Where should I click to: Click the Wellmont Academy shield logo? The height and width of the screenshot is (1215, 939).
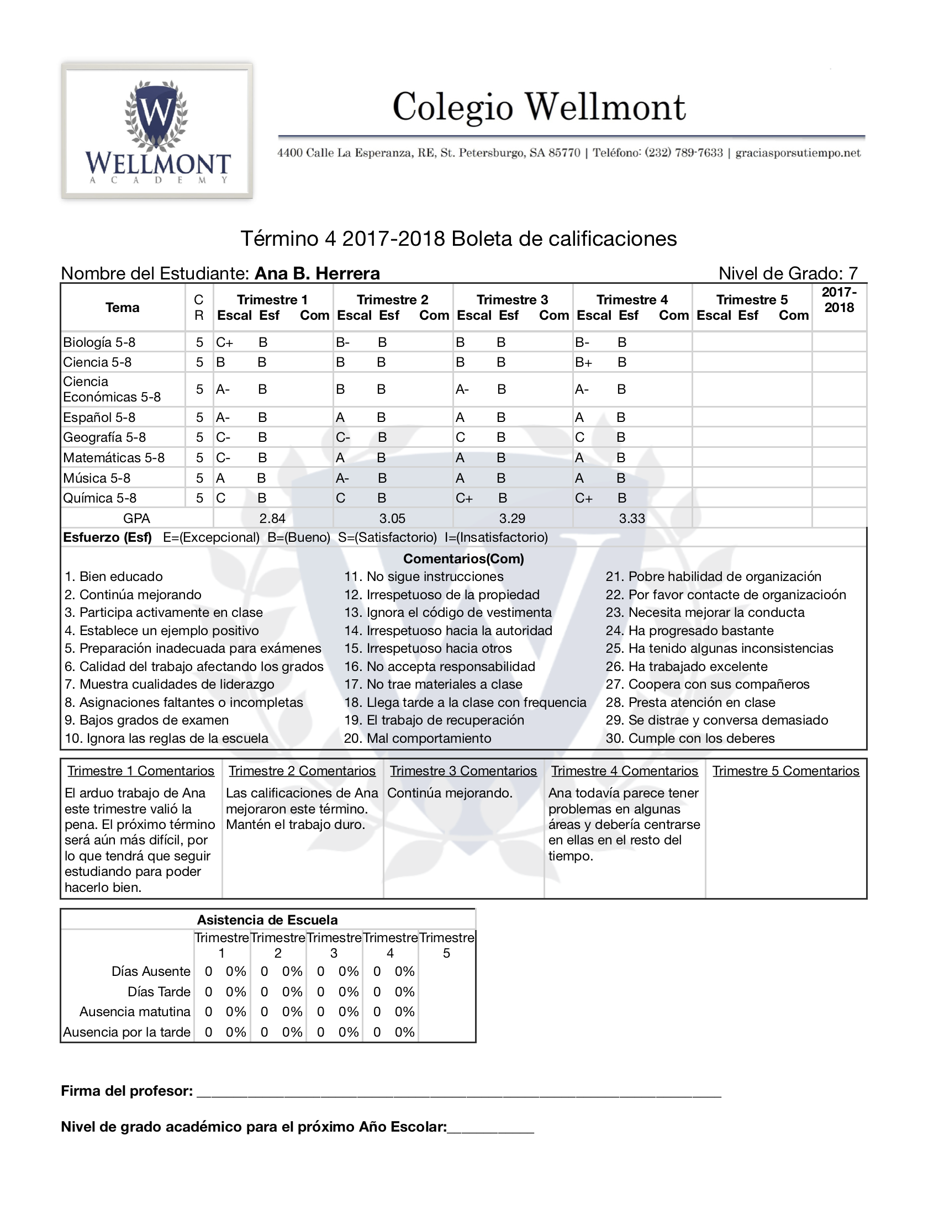157,131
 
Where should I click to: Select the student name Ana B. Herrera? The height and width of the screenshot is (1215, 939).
317,273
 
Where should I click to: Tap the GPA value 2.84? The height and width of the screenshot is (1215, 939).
272,519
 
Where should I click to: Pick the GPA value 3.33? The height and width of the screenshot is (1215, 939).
632,519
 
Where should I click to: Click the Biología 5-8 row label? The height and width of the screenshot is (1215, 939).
99,342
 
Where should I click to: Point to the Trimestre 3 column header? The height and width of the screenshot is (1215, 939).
513,300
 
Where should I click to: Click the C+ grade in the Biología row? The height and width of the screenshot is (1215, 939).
224,342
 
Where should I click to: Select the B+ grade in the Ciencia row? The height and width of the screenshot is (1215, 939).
583,362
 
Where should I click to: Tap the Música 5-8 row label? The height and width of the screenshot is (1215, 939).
97,478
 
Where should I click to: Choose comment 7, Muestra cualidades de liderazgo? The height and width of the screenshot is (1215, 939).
170,684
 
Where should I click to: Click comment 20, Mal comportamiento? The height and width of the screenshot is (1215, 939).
418,738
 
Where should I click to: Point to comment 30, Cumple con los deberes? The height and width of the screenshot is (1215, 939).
690,738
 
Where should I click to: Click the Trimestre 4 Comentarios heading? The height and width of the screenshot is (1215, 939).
624,771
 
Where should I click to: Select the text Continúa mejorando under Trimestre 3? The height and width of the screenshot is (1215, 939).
450,793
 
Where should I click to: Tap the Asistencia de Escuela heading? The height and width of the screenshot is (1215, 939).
267,920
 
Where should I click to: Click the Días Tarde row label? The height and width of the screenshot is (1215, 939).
159,991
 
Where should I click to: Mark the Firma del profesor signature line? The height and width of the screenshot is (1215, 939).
459,1091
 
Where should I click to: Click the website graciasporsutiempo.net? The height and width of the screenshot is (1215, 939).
798,153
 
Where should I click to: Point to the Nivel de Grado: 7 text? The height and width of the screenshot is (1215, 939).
788,273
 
